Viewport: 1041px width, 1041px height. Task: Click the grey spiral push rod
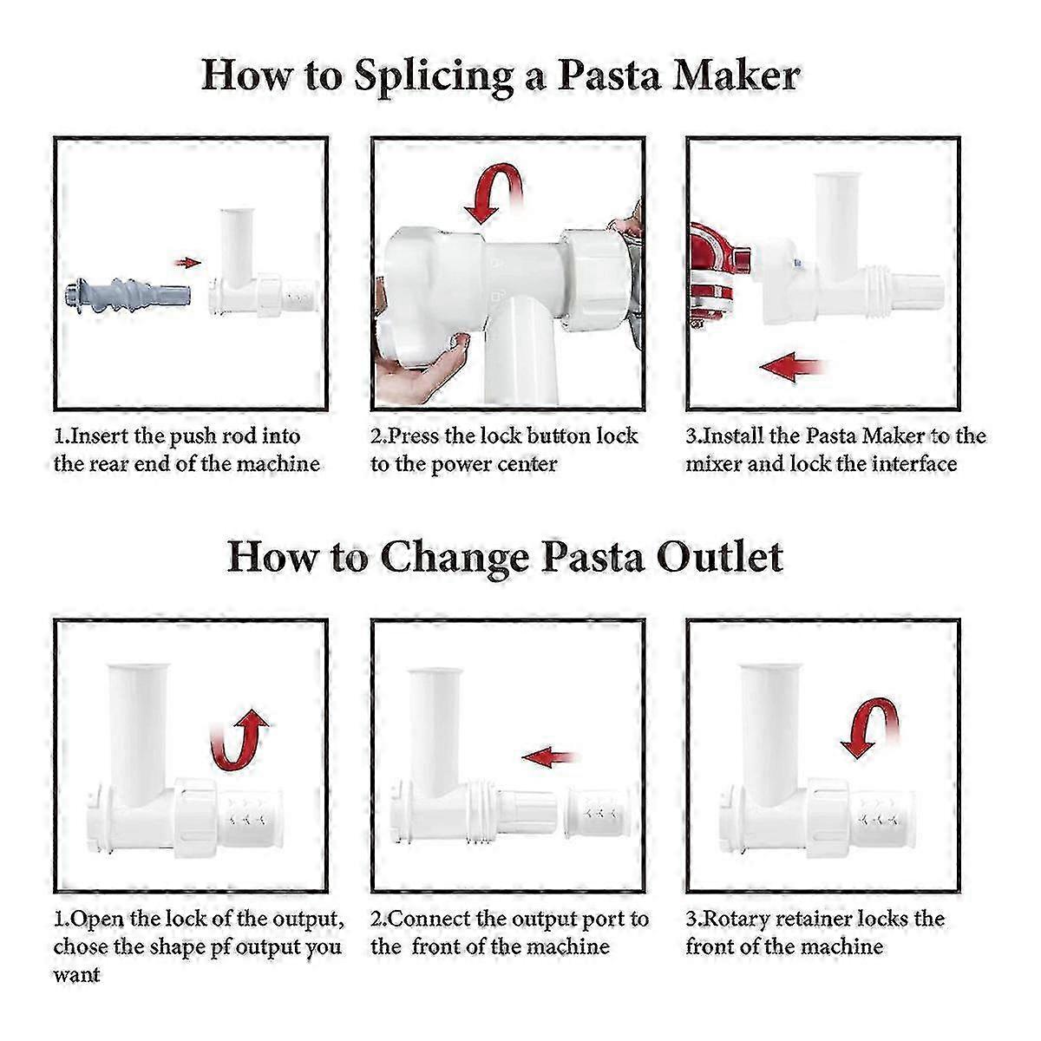coord(128,293)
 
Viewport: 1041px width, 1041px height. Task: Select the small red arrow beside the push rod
coord(187,263)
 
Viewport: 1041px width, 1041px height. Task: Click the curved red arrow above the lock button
coord(494,189)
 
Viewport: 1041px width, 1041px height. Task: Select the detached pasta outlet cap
coord(598,813)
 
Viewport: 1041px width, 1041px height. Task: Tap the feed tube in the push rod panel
coord(236,247)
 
